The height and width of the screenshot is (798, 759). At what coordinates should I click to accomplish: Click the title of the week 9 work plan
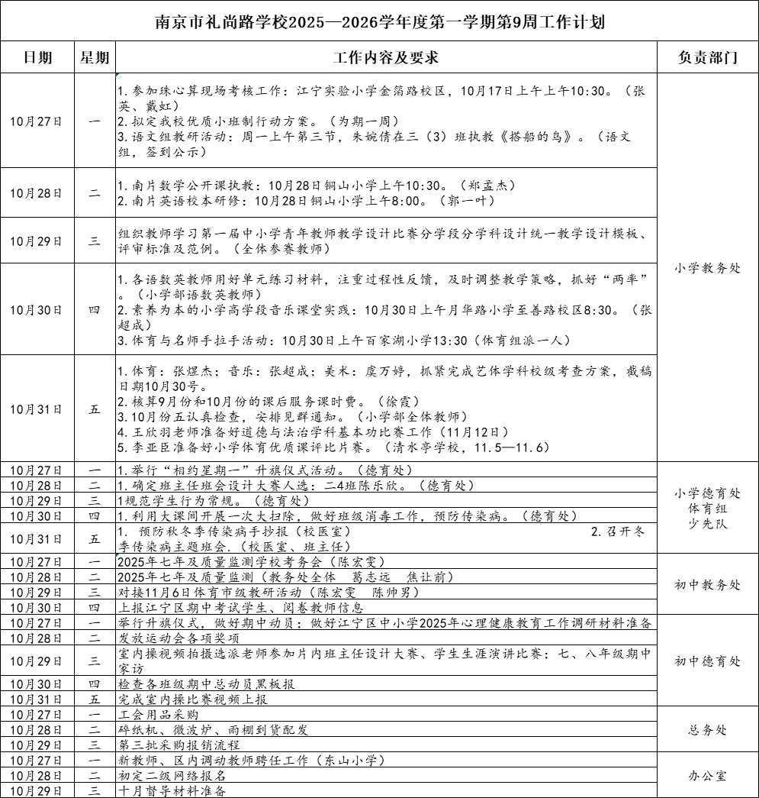point(379,21)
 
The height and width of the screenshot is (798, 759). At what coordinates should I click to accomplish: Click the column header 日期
point(37,58)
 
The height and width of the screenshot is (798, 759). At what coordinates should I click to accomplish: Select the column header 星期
point(95,58)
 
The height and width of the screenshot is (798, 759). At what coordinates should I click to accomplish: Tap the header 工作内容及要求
point(386,58)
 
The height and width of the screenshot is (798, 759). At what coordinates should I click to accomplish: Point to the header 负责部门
point(707,58)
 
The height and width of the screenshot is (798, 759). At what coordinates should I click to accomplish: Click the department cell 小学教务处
point(707,268)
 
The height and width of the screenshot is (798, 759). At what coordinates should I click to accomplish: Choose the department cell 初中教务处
point(707,585)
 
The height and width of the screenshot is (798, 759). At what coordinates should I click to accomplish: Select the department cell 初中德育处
point(707,661)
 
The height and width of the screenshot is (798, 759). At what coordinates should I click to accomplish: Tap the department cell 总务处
point(707,730)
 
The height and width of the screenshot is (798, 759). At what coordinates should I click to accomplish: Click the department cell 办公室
point(707,776)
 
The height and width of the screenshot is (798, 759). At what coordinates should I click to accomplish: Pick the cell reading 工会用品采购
point(159,715)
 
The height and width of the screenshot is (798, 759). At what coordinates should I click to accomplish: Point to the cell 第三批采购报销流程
point(179,745)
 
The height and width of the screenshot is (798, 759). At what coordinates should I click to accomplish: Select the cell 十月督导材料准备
point(172,791)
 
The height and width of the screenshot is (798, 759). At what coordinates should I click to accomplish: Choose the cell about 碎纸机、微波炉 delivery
point(214,730)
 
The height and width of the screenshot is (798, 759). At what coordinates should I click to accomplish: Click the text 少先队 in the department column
point(707,525)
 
